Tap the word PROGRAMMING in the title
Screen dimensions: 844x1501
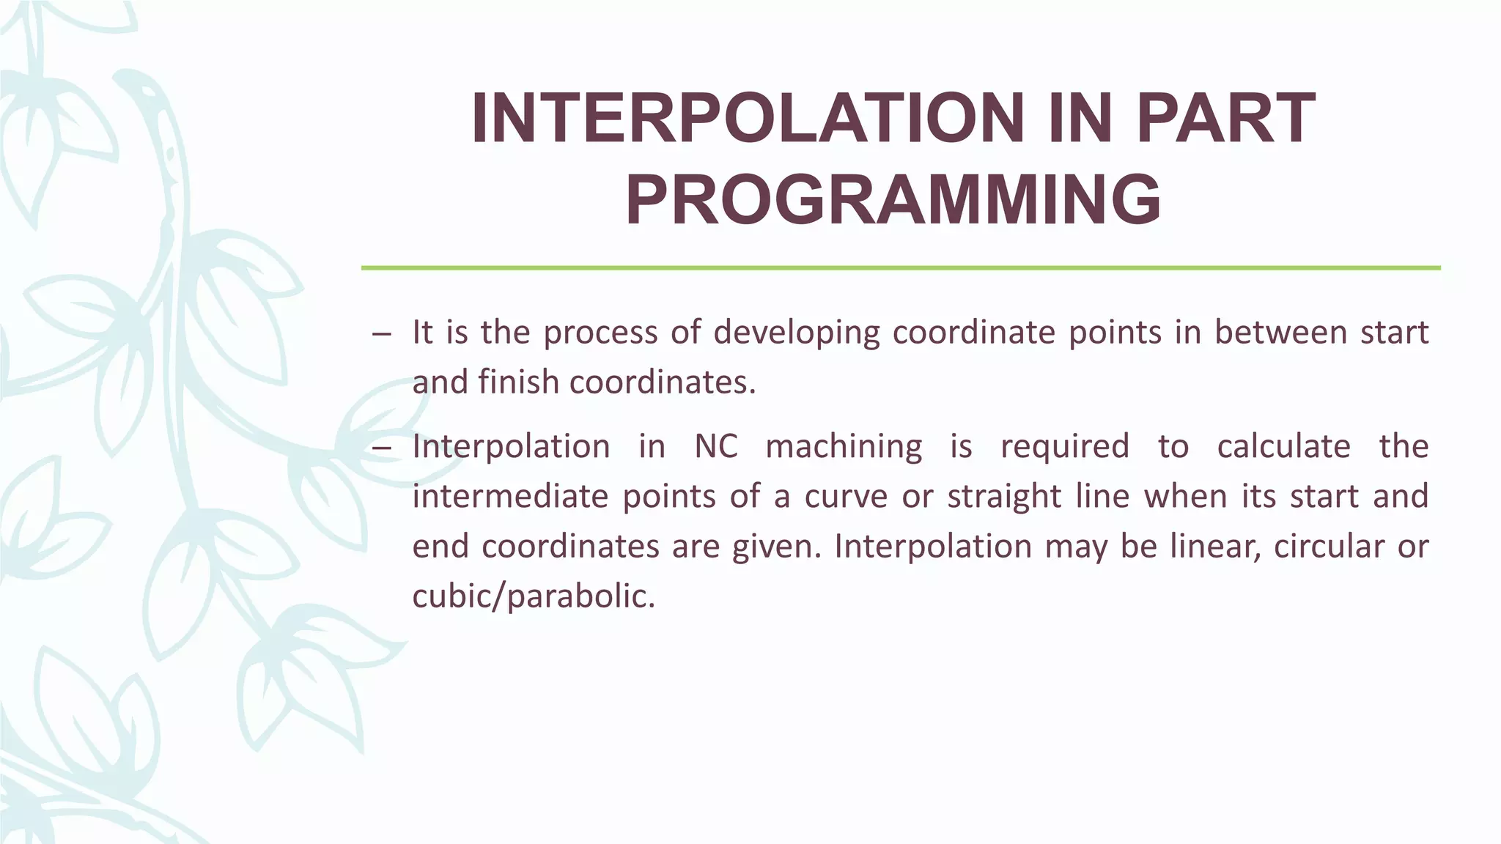(x=893, y=200)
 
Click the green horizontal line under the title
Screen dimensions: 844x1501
(x=900, y=268)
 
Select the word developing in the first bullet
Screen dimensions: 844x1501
(x=796, y=333)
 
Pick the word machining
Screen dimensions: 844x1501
(x=844, y=447)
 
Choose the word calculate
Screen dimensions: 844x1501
(x=1283, y=447)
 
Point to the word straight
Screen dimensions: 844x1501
(x=1004, y=497)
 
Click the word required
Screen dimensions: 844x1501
(x=1064, y=447)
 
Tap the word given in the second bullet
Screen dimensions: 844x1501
(x=776, y=547)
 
